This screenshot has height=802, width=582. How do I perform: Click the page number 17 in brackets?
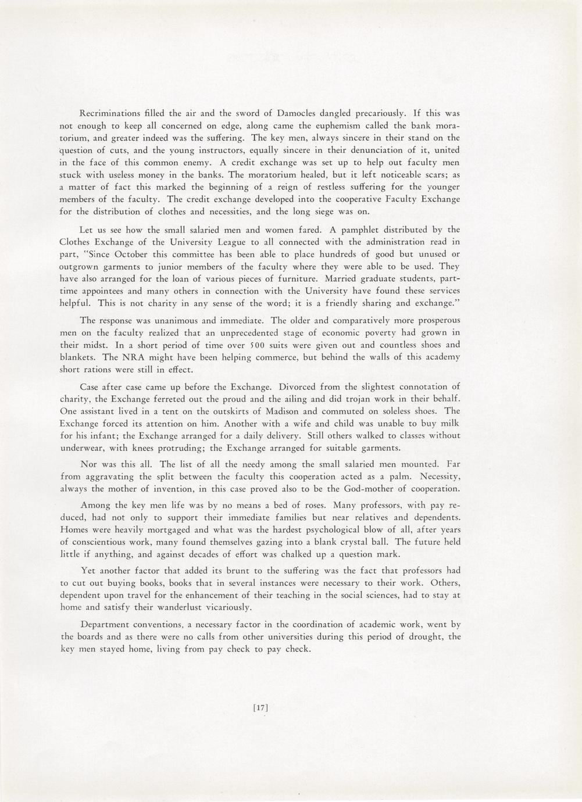click(260, 708)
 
